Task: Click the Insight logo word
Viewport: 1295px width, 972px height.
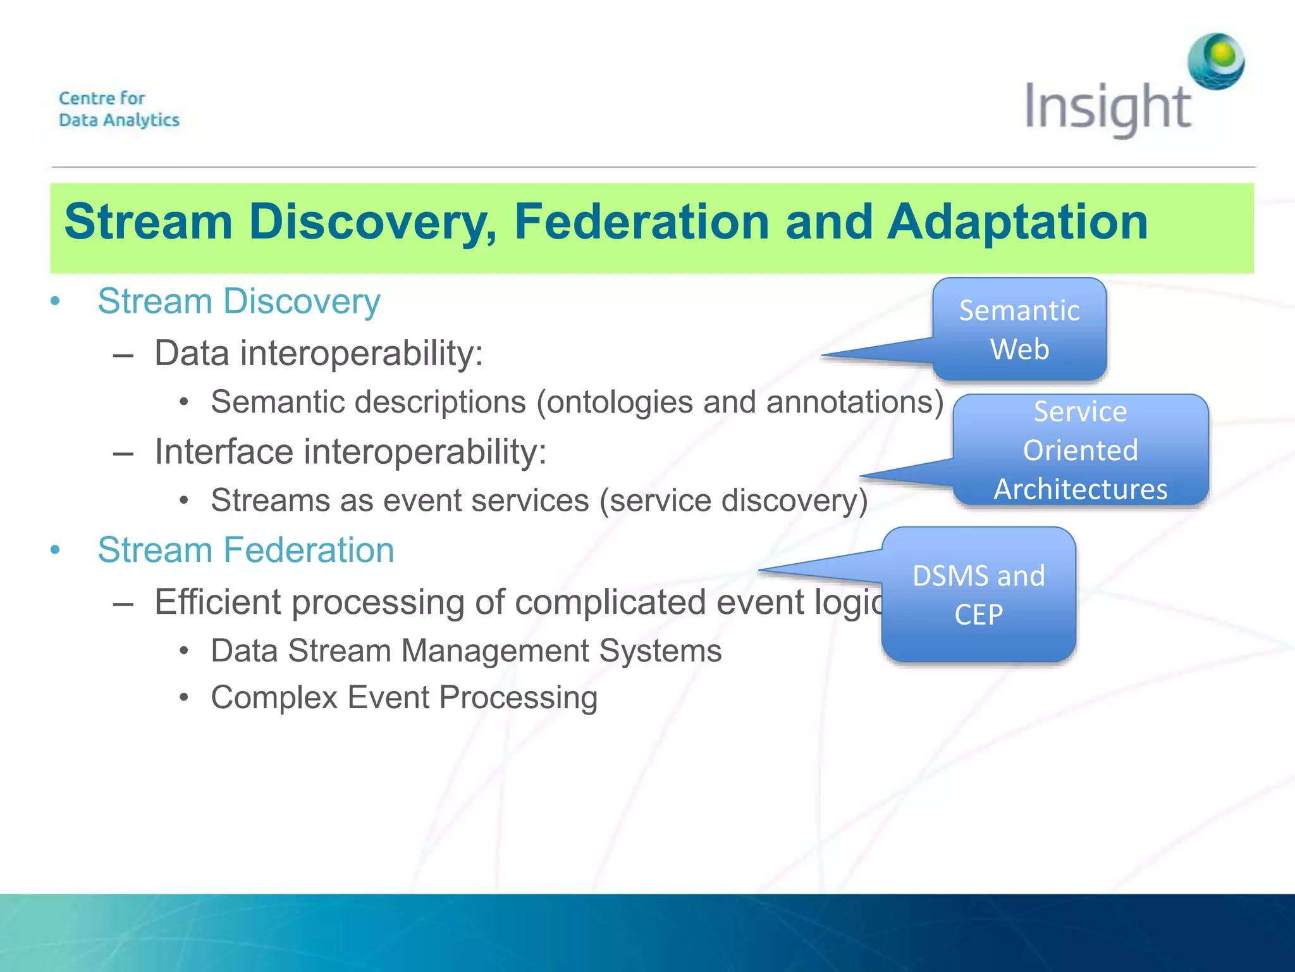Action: point(1107,108)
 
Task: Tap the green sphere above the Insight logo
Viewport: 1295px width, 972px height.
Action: point(1216,61)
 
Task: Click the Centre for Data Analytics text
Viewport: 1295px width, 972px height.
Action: point(119,109)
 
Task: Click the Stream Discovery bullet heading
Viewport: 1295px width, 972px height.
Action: point(239,301)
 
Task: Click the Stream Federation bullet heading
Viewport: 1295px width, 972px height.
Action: point(246,549)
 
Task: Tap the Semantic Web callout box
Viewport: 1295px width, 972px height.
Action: point(1019,329)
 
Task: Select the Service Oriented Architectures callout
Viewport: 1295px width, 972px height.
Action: point(1080,450)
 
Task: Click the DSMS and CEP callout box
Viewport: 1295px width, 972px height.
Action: point(978,595)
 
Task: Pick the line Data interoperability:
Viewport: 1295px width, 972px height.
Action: point(319,353)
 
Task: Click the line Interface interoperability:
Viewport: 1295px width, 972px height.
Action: point(350,452)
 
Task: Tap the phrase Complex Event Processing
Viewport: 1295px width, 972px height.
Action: point(404,697)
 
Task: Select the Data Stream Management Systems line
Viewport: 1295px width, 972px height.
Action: point(466,651)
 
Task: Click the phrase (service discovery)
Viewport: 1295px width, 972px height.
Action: point(733,501)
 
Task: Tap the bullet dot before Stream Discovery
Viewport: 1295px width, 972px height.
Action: point(56,301)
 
